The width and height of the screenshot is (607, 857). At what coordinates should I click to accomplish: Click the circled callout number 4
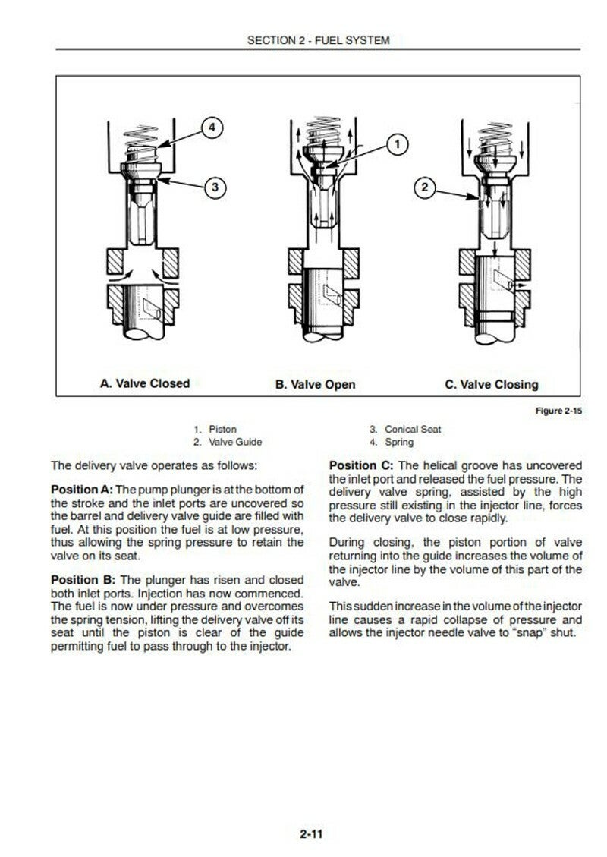point(212,128)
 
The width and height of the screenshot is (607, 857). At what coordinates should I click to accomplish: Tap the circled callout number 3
point(215,186)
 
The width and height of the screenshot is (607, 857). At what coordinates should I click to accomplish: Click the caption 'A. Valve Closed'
point(145,383)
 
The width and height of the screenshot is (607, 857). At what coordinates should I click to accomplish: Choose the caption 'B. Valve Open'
point(315,384)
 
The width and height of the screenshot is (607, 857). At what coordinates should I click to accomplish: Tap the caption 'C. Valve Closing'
point(491,384)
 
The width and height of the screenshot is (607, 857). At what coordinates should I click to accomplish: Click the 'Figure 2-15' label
point(559,411)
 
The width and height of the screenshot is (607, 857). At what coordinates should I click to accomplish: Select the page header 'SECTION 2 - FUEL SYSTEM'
point(318,40)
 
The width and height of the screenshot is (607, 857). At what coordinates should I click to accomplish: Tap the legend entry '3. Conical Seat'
point(405,430)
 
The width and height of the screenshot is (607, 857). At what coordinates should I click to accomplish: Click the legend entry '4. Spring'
point(392,442)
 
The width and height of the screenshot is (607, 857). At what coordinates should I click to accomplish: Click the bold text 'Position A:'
point(80,489)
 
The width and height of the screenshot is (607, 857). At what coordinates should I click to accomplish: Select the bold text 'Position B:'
point(80,580)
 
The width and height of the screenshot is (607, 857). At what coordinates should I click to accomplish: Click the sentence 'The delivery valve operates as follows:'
point(154,465)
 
